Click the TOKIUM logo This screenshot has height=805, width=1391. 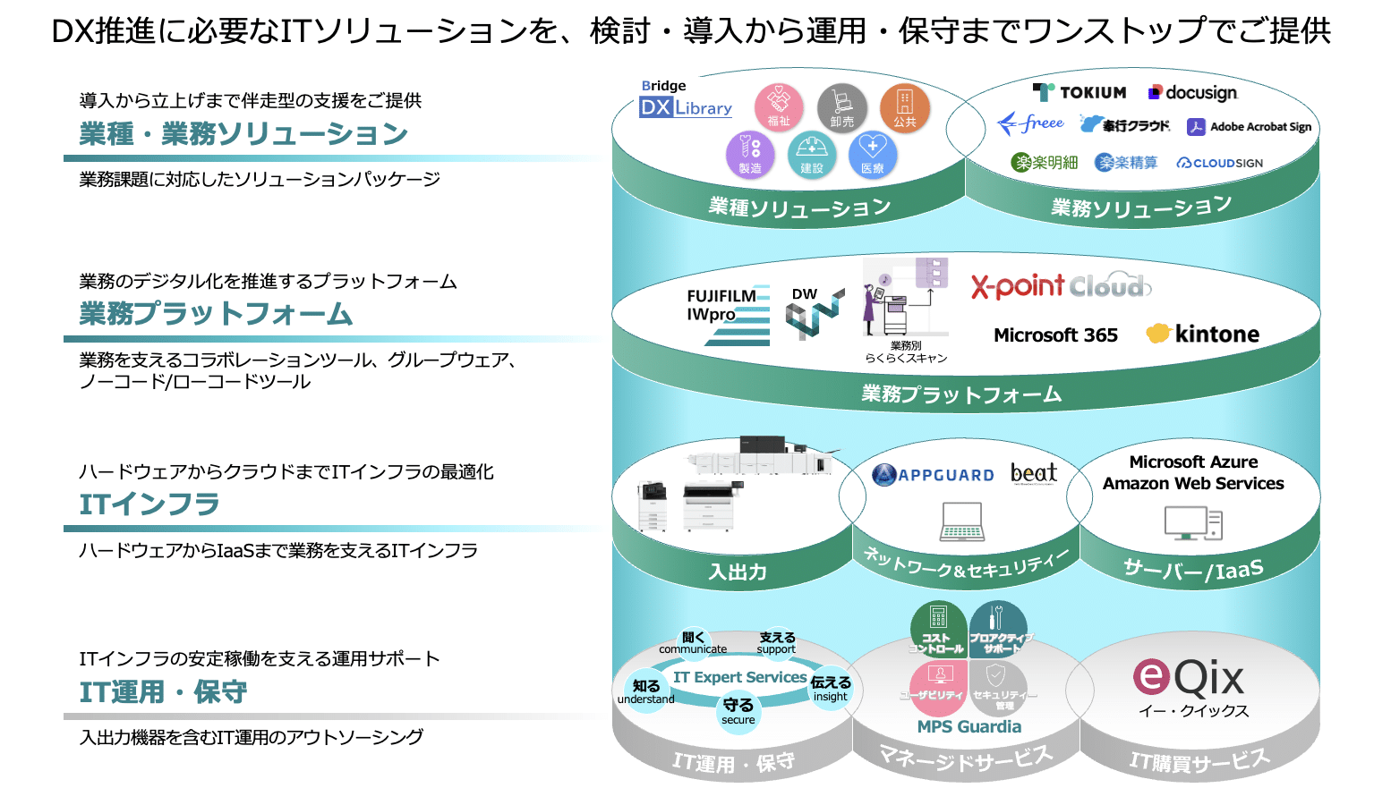coord(1080,92)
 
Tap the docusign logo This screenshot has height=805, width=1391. coord(1193,92)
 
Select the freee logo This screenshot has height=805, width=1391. coord(1031,123)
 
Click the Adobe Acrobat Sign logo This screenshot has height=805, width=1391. coord(1250,127)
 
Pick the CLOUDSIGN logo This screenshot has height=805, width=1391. coord(1220,163)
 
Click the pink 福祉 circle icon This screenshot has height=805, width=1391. coord(779,107)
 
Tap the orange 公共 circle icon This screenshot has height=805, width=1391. coord(904,107)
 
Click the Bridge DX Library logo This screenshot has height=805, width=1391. coord(686,100)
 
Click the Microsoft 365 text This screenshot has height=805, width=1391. coord(1055,335)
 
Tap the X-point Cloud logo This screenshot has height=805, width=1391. coord(1061,286)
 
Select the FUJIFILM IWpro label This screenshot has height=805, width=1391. coord(721,305)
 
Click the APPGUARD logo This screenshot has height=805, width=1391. coord(934,475)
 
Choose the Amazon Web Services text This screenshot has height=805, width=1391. coord(1193,484)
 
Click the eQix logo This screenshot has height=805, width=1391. coord(1189,678)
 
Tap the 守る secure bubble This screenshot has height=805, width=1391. coord(738,711)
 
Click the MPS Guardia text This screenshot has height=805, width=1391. coord(969,727)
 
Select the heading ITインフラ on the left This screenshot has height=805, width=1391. coord(149,504)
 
